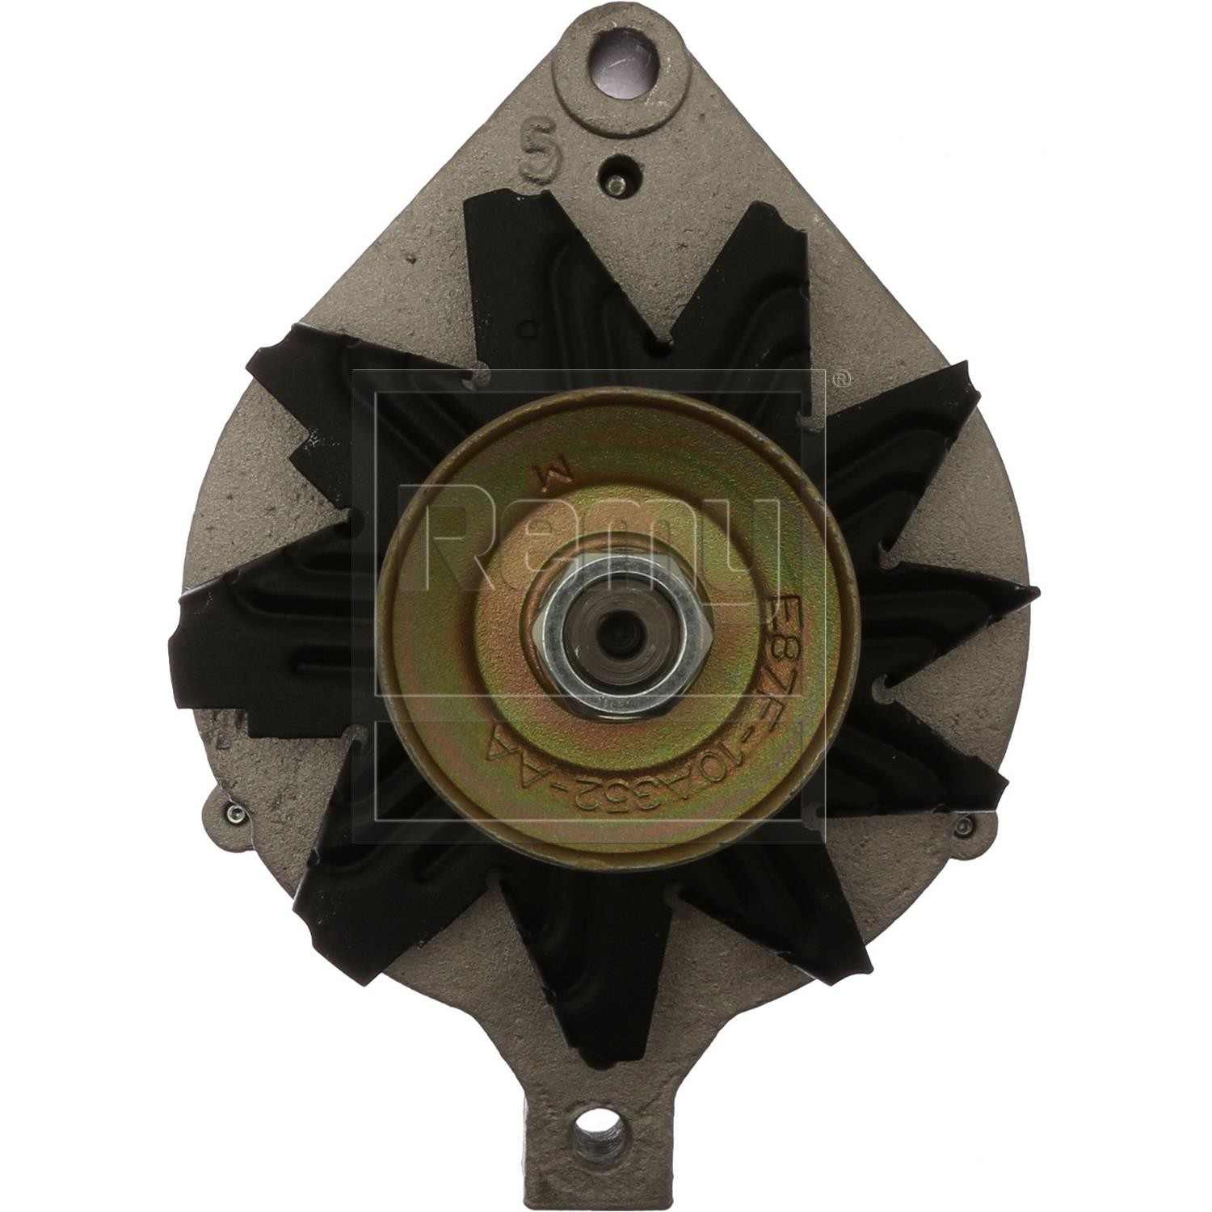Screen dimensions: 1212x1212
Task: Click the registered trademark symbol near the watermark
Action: (841, 377)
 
